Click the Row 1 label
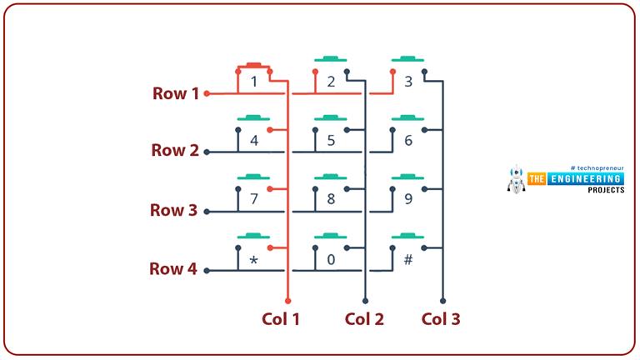click(x=175, y=93)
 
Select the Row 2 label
click(x=175, y=151)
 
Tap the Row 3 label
click(x=173, y=210)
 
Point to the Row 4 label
click(x=173, y=269)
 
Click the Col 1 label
click(x=281, y=318)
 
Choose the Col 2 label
click(x=364, y=318)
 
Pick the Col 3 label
click(x=441, y=318)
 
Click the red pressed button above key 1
click(x=254, y=64)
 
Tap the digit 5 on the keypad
click(x=331, y=140)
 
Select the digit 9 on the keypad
click(x=407, y=199)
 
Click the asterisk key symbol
click(x=254, y=261)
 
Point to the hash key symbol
click(x=407, y=259)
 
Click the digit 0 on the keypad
click(x=331, y=259)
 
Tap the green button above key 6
click(x=407, y=117)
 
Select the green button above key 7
click(x=254, y=177)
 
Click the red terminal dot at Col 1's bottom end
click(x=287, y=300)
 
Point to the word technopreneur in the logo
click(x=597, y=167)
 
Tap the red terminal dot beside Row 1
click(x=207, y=93)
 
